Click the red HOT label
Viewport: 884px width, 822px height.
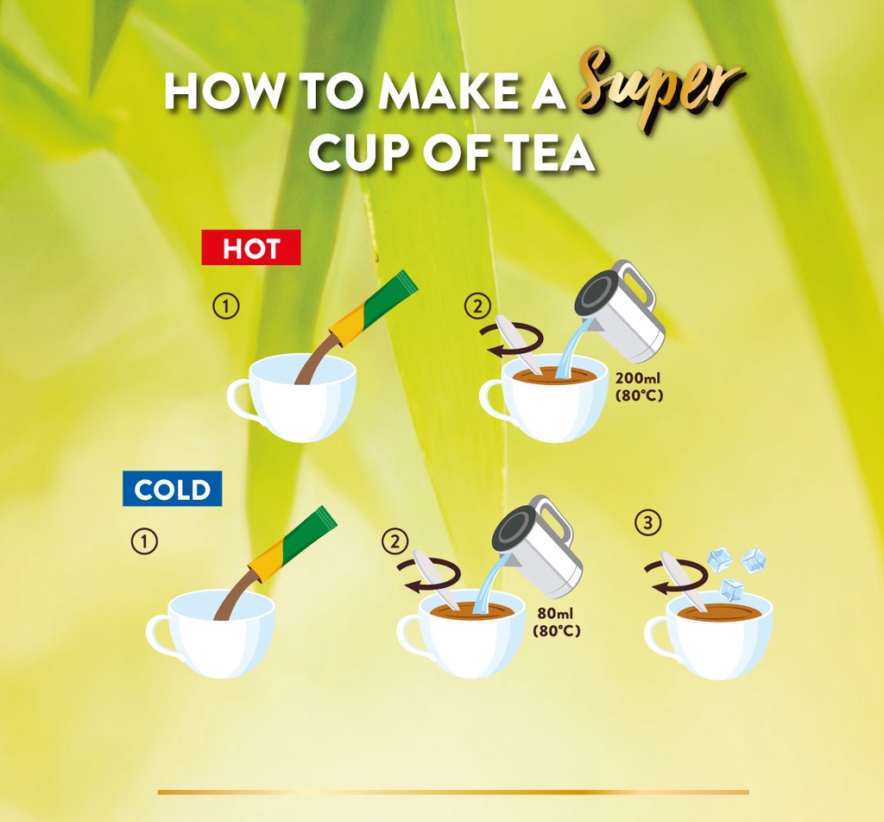pyautogui.click(x=251, y=248)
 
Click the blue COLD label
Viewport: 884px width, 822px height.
pyautogui.click(x=172, y=488)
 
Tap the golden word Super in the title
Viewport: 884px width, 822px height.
pyautogui.click(x=660, y=89)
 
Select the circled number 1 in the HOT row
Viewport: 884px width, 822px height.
pyautogui.click(x=226, y=306)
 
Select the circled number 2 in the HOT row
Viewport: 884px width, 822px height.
pyautogui.click(x=477, y=307)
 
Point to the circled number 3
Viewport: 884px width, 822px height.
pyautogui.click(x=648, y=522)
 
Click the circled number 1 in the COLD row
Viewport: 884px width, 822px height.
pyautogui.click(x=144, y=541)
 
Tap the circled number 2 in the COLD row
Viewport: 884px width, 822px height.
pyautogui.click(x=395, y=541)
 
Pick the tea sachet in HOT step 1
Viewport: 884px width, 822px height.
pyautogui.click(x=374, y=308)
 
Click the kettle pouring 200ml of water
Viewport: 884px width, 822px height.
pyautogui.click(x=620, y=311)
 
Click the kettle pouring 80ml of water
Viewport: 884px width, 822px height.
pyautogui.click(x=537, y=547)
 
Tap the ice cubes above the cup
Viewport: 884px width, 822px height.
pyautogui.click(x=737, y=572)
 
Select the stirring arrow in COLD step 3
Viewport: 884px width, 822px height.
pyautogui.click(x=676, y=576)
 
